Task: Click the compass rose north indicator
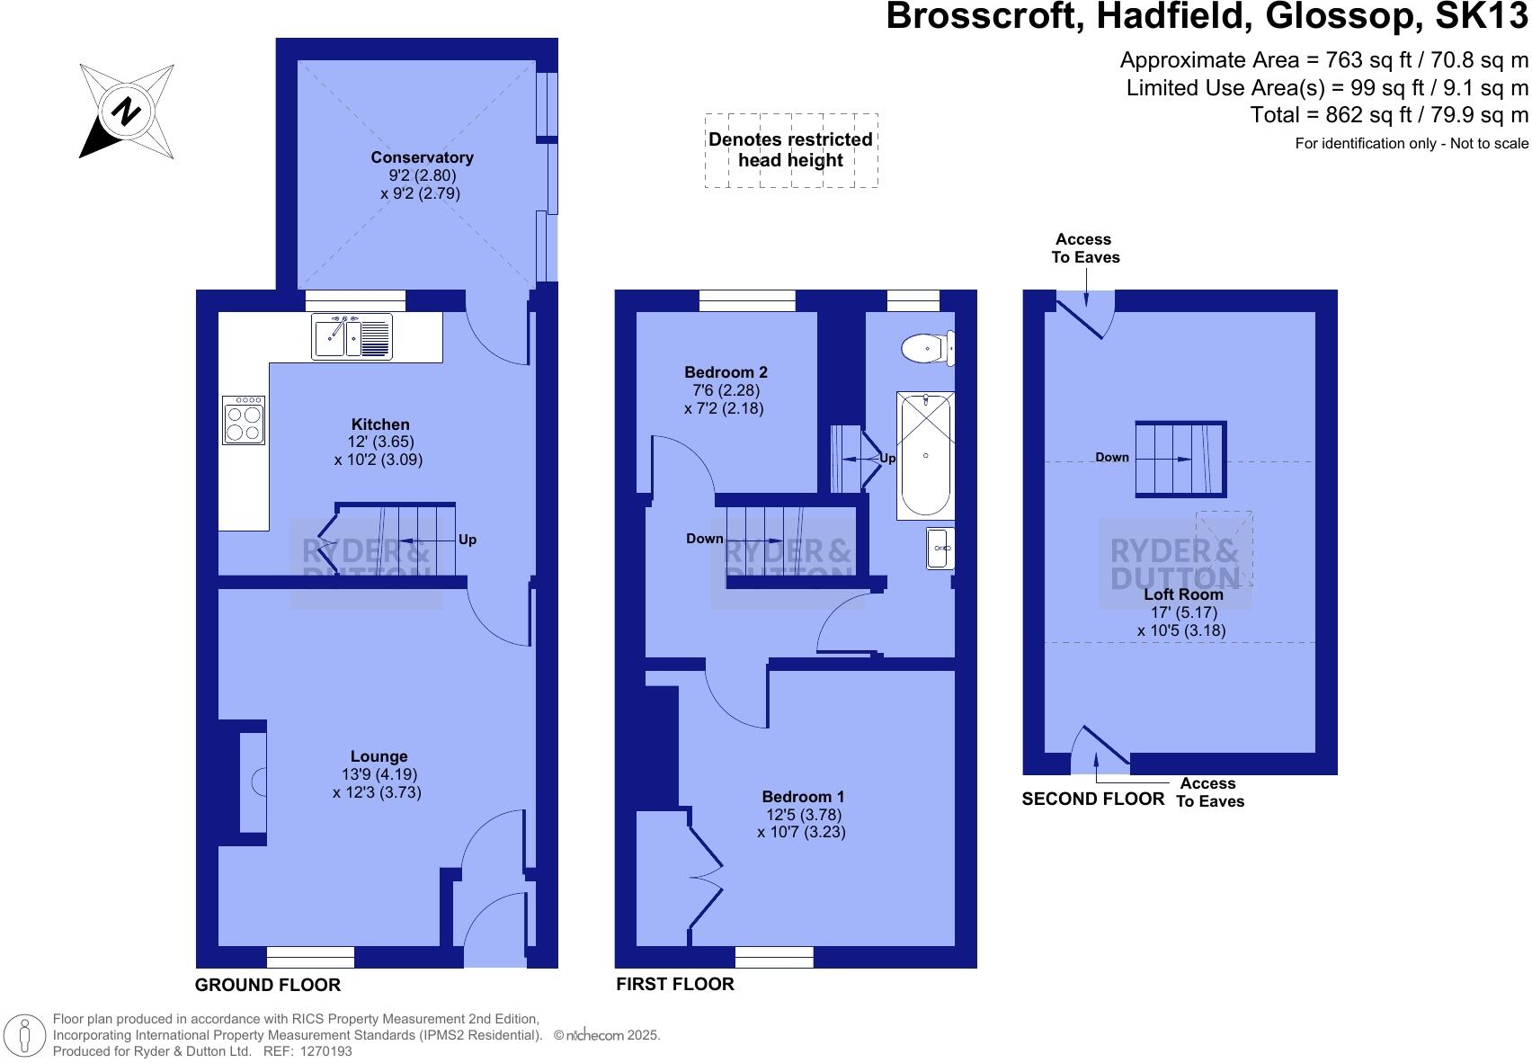pyautogui.click(x=126, y=112)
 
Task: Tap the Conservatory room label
pyautogui.click(x=422, y=157)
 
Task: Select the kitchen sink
pyautogui.click(x=352, y=336)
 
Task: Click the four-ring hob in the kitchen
pyautogui.click(x=244, y=421)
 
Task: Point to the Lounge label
pyautogui.click(x=379, y=756)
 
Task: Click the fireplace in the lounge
pyautogui.click(x=254, y=782)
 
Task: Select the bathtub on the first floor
pyautogui.click(x=925, y=455)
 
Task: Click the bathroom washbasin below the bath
pyautogui.click(x=940, y=549)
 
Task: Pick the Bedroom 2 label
pyautogui.click(x=726, y=372)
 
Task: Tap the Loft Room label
pyautogui.click(x=1183, y=594)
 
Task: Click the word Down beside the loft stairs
pyautogui.click(x=1111, y=458)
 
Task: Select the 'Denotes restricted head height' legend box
pyautogui.click(x=790, y=150)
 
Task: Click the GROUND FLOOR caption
pyautogui.click(x=268, y=985)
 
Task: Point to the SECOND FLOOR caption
pyautogui.click(x=1092, y=799)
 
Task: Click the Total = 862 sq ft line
pyautogui.click(x=1389, y=115)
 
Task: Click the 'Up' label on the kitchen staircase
pyautogui.click(x=468, y=540)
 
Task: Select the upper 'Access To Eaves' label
pyautogui.click(x=1085, y=248)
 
